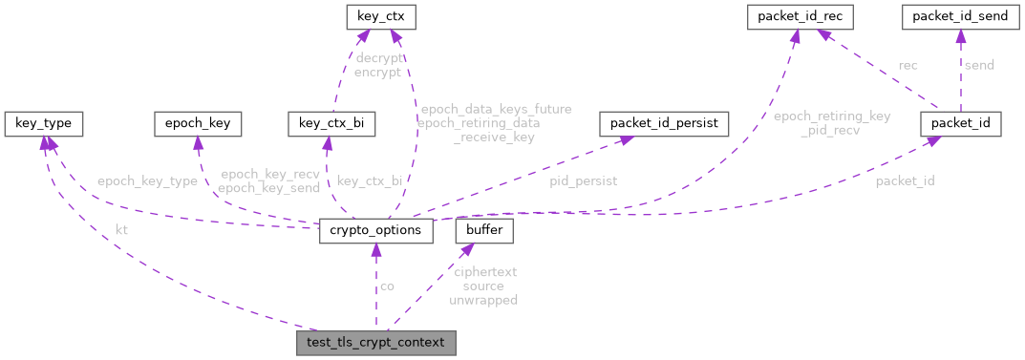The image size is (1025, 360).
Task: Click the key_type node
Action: click(43, 123)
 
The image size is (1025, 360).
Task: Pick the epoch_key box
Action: click(198, 123)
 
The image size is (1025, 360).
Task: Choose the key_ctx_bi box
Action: click(331, 123)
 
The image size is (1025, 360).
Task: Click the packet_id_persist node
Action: click(663, 123)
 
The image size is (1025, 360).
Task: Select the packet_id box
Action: click(960, 123)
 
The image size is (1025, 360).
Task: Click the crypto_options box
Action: click(376, 231)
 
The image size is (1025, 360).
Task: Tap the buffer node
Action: click(485, 231)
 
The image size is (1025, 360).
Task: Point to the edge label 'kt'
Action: click(121, 230)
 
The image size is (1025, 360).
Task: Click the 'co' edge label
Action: click(387, 286)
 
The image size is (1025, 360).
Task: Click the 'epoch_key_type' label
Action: click(146, 181)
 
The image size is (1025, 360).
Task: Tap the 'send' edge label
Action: click(979, 65)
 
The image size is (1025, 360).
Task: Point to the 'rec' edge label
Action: click(908, 65)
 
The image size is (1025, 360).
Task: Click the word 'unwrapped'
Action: click(483, 300)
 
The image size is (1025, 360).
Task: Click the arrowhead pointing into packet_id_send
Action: click(960, 35)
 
